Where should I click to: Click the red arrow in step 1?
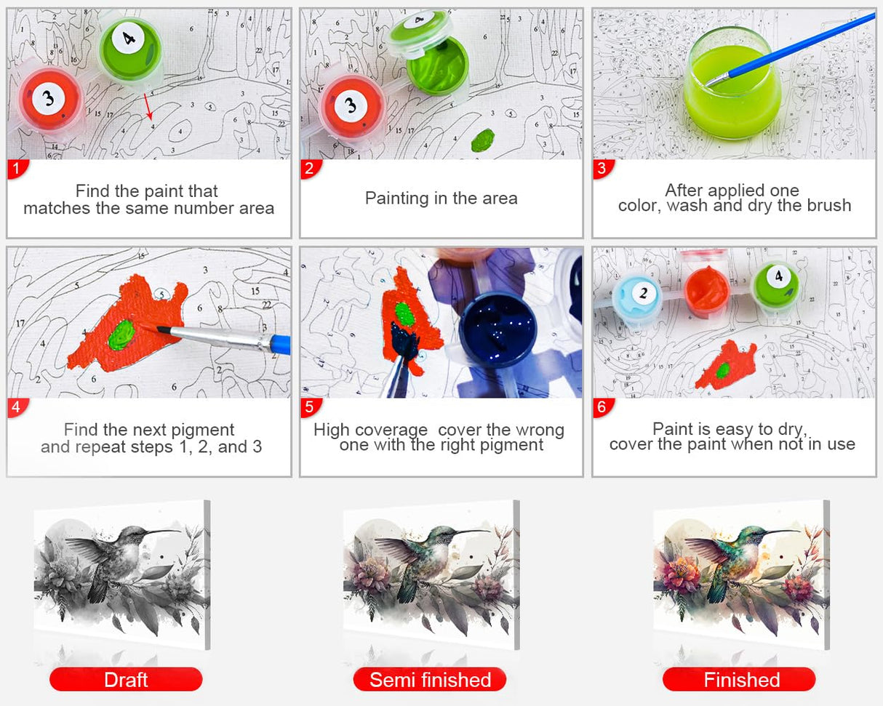[148, 106]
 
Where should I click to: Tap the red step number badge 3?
[603, 169]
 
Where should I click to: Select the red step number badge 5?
[311, 407]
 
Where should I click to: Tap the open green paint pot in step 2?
[438, 65]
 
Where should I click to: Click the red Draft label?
[126, 679]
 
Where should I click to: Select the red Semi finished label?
[430, 679]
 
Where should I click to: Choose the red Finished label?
[739, 679]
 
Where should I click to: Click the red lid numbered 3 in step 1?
[49, 100]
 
